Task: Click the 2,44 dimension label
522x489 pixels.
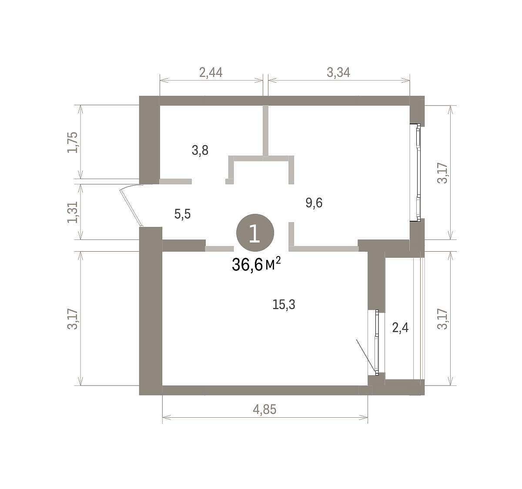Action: coord(211,73)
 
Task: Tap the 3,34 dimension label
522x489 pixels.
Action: coord(338,73)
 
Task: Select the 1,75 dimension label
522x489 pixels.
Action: coord(73,142)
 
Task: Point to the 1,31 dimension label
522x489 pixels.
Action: coord(73,212)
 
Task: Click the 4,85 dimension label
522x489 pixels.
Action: coord(264,409)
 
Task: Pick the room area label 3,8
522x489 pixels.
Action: coord(200,150)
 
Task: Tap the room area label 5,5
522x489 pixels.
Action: coord(182,214)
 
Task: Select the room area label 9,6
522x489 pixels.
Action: coord(314,203)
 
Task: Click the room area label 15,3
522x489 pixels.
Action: coord(284,305)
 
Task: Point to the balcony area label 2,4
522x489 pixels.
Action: coord(400,328)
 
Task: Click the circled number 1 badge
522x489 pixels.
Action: coord(255,233)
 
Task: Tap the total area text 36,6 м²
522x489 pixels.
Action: coord(256,264)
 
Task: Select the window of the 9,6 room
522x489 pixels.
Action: coord(418,173)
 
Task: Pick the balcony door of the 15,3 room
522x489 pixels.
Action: coord(377,343)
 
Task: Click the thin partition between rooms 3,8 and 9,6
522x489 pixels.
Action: coord(265,130)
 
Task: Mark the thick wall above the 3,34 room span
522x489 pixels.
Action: coord(339,100)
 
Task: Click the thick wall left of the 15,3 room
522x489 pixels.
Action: coord(151,311)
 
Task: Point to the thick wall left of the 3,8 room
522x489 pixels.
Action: coord(149,140)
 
